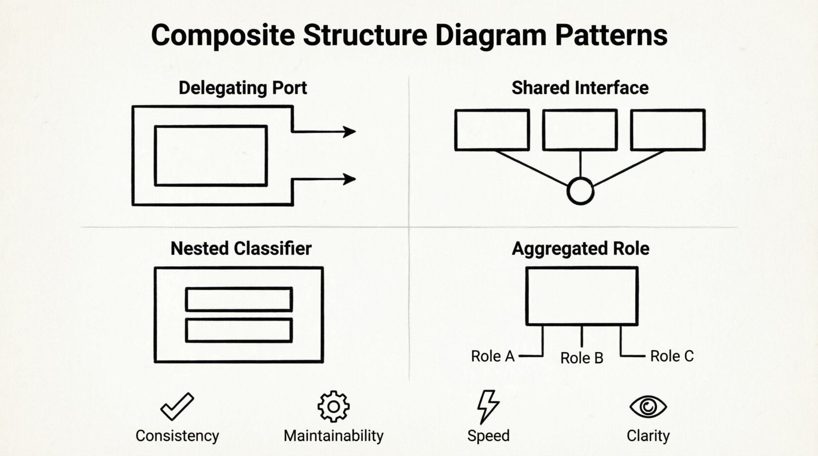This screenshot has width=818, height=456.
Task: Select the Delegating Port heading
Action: pyautogui.click(x=242, y=88)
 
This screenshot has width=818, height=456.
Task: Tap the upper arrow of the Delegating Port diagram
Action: pyautogui.click(x=324, y=132)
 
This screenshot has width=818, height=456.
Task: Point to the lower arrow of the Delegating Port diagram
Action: pyautogui.click(x=324, y=179)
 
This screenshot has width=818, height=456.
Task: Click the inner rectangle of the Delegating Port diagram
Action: pyautogui.click(x=211, y=156)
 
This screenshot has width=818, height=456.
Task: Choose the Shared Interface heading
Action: pyautogui.click(x=580, y=88)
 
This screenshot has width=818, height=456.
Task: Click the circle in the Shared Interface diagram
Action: pyautogui.click(x=580, y=191)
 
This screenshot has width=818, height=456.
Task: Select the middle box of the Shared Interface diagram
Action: pyautogui.click(x=580, y=130)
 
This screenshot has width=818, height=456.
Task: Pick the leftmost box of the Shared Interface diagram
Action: pyautogui.click(x=492, y=130)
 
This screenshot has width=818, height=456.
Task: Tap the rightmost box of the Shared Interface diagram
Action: pyautogui.click(x=668, y=130)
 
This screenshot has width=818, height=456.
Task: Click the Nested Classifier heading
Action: pyautogui.click(x=241, y=249)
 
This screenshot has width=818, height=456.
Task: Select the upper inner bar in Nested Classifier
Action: pyautogui.click(x=239, y=299)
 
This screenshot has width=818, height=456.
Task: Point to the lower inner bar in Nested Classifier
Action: pyautogui.click(x=239, y=330)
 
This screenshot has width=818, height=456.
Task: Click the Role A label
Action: pyautogui.click(x=493, y=356)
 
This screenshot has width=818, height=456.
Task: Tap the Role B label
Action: pyautogui.click(x=582, y=358)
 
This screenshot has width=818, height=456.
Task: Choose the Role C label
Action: pyautogui.click(x=672, y=356)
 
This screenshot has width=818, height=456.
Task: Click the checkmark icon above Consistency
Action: pyautogui.click(x=177, y=406)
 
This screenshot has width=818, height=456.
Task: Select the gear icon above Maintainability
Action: pyautogui.click(x=333, y=406)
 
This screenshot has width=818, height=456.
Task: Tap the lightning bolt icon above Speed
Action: pyautogui.click(x=488, y=407)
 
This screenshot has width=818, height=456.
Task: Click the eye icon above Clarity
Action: pyautogui.click(x=648, y=406)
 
